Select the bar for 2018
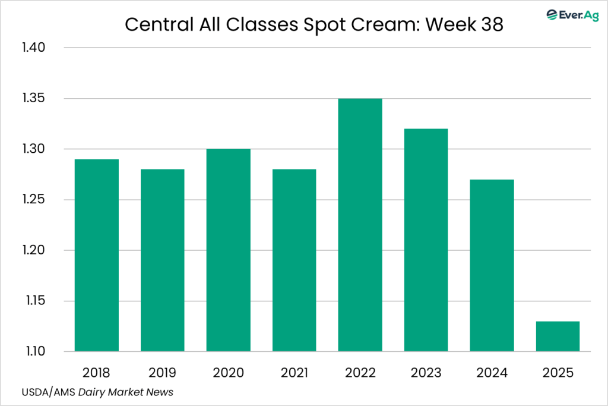97,256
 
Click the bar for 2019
162,260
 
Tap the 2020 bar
229,250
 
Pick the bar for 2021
294,260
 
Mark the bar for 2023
426,240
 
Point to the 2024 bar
492,265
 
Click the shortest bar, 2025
558,336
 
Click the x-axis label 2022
360,373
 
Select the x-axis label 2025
558,373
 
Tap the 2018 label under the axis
97,373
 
